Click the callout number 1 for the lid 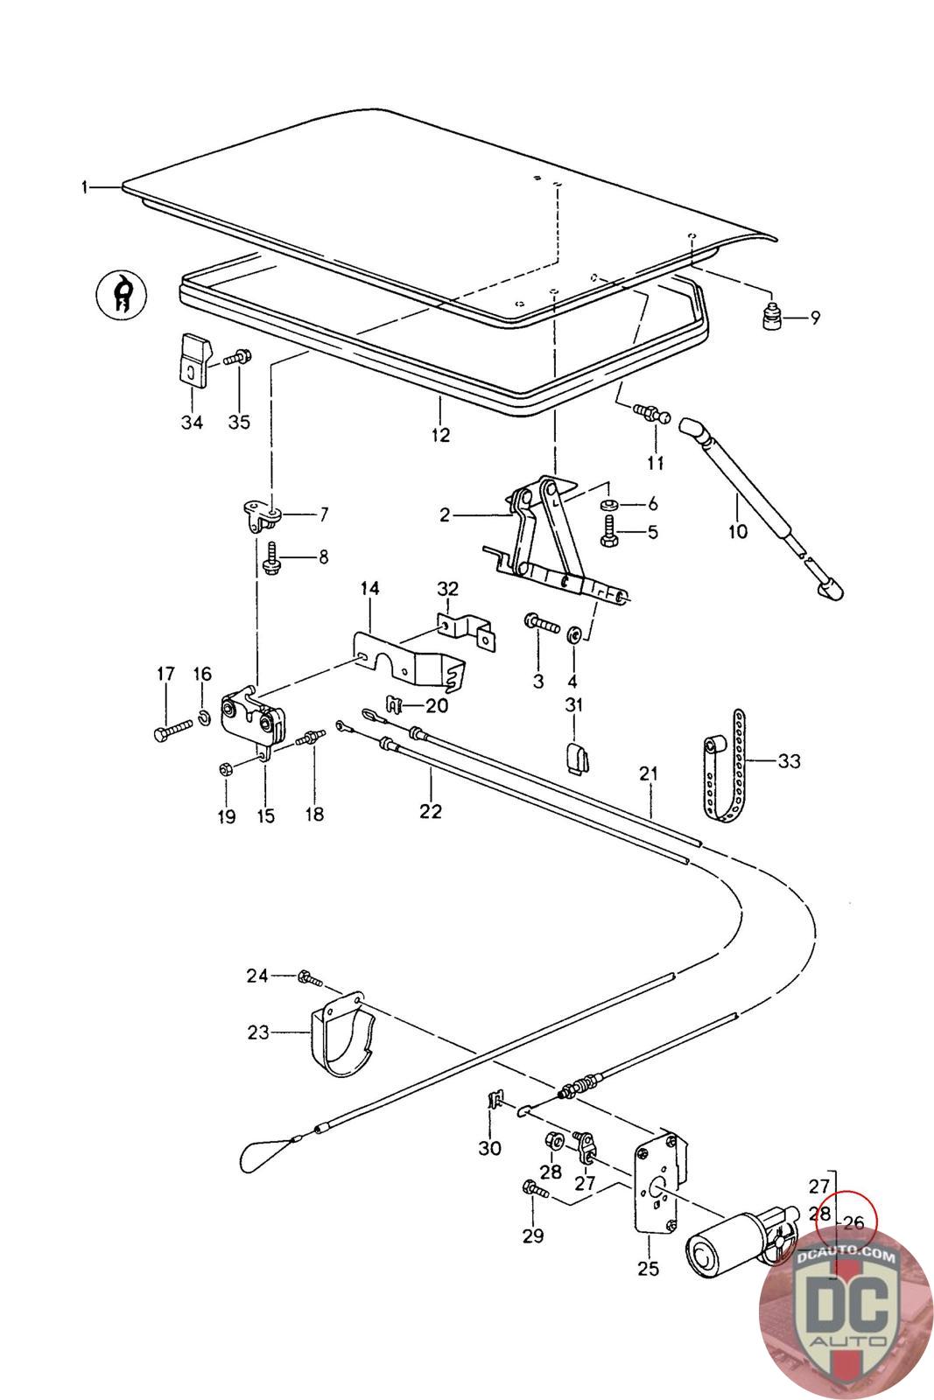coord(85,186)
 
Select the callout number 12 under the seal coord(439,434)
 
